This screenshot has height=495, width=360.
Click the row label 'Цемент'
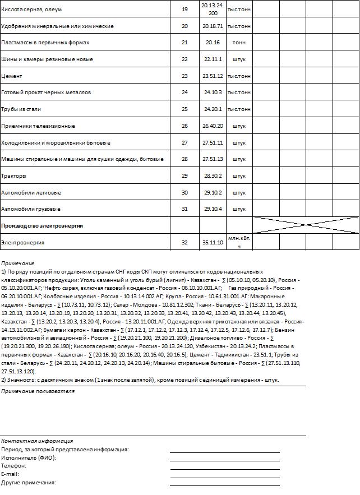(12, 76)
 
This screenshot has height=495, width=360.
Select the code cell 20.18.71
(213, 26)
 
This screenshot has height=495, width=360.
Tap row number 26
(185, 126)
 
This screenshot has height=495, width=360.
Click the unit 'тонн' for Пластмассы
(239, 43)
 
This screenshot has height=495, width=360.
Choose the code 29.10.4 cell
(213, 209)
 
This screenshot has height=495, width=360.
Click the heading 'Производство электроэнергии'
(42, 225)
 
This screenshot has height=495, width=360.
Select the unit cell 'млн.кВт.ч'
(239, 242)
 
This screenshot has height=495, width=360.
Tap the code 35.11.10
(213, 242)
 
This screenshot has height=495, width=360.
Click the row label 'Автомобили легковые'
(31, 193)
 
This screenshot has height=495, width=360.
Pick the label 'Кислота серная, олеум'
(31, 10)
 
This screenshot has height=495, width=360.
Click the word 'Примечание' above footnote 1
(17, 263)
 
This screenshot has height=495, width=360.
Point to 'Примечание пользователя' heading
(38, 391)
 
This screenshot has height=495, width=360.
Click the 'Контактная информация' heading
(37, 441)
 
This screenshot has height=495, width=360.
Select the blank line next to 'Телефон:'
(224, 465)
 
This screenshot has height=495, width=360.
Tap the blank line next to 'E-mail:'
(224, 473)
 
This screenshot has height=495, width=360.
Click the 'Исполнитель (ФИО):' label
(29, 457)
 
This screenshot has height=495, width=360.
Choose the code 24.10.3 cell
(213, 92)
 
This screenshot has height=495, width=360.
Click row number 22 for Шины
(185, 59)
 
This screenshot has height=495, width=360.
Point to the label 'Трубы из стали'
(21, 109)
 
